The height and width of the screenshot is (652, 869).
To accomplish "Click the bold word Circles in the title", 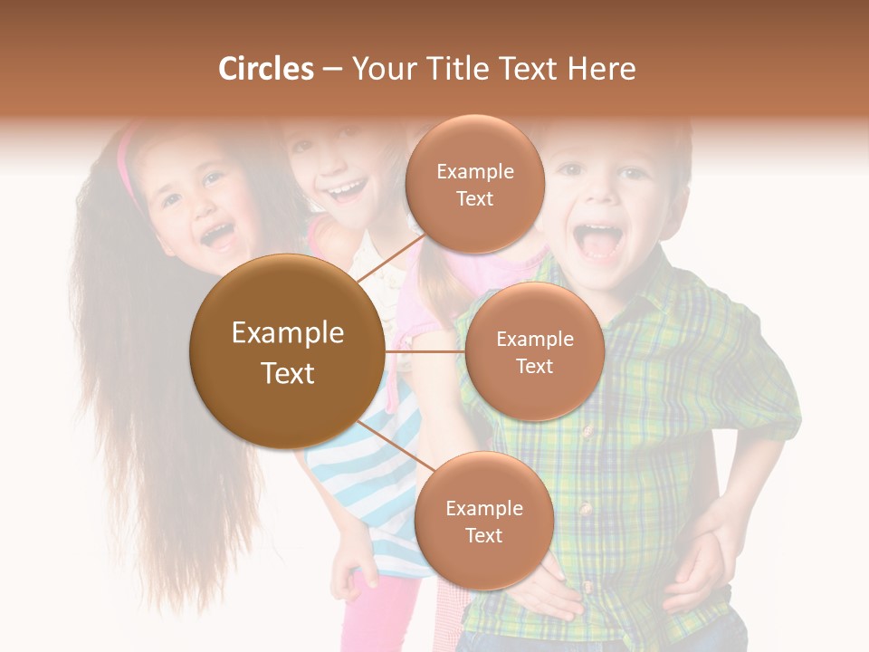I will coord(265,69).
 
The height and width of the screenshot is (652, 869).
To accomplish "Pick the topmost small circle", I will coord(474,185).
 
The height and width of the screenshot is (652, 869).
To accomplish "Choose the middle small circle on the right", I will coord(534,351).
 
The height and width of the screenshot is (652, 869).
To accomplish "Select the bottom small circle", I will coord(483,522).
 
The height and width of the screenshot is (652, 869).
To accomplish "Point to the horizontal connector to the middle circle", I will coord(424,351).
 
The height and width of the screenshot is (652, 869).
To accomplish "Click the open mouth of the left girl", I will coord(217,237).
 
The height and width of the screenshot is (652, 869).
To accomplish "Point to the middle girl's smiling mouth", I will coord(347,191).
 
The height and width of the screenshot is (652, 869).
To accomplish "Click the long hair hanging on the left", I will coord(136,407).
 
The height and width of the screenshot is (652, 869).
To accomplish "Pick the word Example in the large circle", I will coord(287,333).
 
